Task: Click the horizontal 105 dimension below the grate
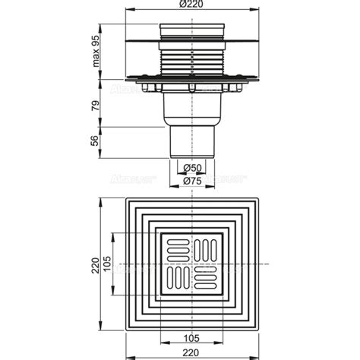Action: [x=191, y=336]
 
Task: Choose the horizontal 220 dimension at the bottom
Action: [x=191, y=352]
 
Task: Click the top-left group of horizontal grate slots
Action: [x=178, y=248]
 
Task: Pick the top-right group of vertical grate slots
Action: [x=206, y=248]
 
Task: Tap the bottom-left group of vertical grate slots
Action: [x=178, y=277]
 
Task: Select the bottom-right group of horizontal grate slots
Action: [x=206, y=277]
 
